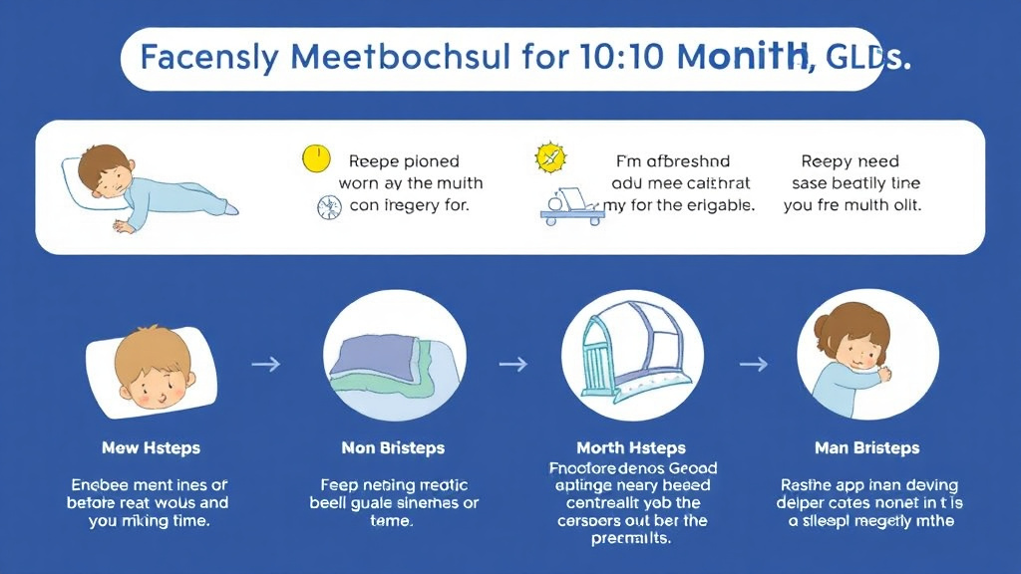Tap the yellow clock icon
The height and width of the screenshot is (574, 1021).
point(315,157)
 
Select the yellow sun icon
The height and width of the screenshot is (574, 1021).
point(550,156)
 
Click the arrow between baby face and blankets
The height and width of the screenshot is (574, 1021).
point(264,365)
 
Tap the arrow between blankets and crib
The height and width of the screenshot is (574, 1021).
point(511,365)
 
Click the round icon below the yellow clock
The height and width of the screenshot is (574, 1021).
point(328,206)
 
